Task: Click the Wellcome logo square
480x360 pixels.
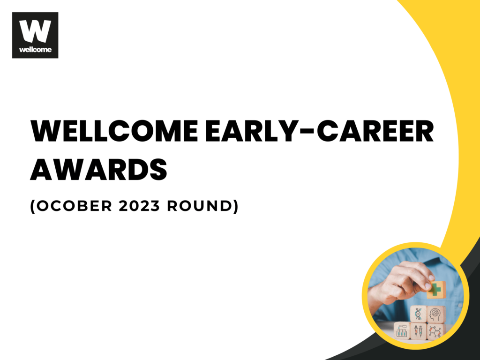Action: click(35, 35)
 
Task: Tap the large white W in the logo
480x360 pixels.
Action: click(35, 31)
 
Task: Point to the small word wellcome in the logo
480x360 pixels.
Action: click(35, 49)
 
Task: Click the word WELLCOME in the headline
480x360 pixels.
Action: click(115, 131)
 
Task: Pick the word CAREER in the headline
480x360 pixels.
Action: click(375, 131)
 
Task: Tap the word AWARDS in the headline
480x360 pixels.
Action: click(98, 169)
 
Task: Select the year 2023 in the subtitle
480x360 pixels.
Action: click(139, 206)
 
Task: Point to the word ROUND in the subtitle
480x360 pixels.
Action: click(200, 206)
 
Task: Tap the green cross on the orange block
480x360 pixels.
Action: click(436, 288)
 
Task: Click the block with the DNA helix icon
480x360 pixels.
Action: click(419, 314)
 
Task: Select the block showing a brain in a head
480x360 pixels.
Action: click(436, 314)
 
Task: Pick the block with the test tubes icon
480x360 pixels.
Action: click(402, 330)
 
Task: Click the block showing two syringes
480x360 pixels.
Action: click(419, 330)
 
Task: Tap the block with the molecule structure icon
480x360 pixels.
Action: click(435, 331)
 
